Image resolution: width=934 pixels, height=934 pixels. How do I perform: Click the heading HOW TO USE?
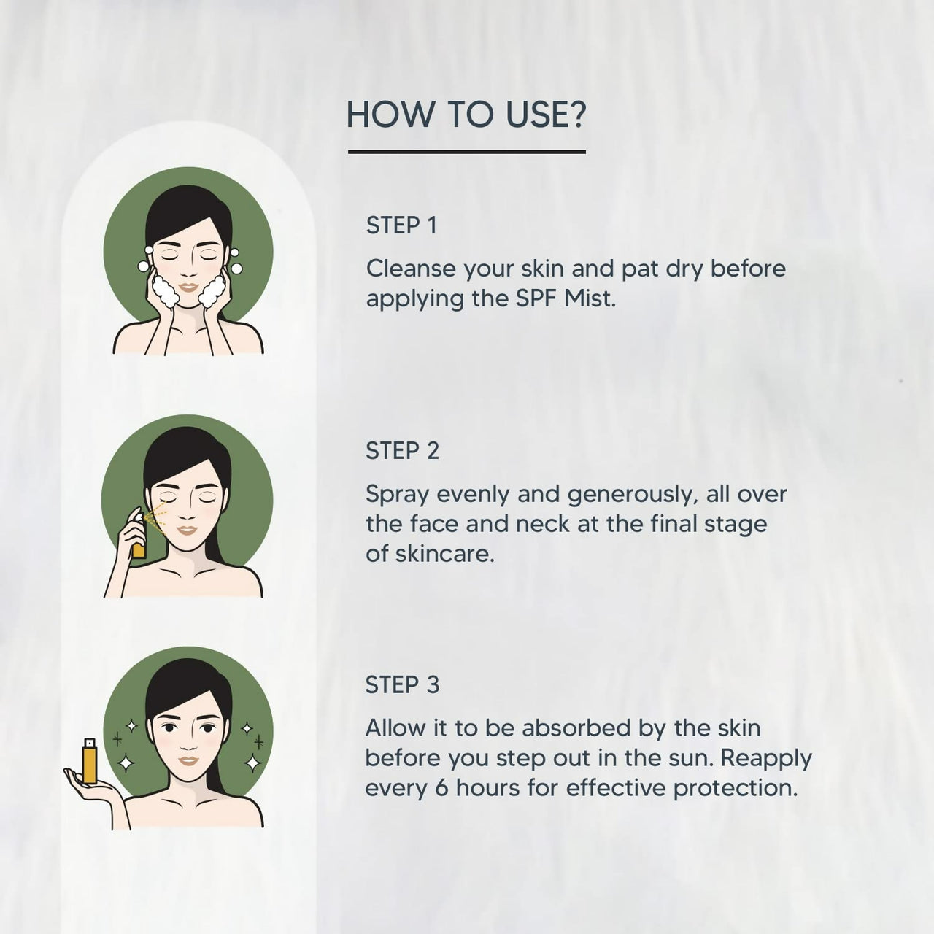pyautogui.click(x=466, y=115)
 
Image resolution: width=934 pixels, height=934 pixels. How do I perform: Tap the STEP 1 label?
pyautogui.click(x=401, y=225)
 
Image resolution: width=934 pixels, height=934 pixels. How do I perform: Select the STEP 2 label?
pyautogui.click(x=402, y=451)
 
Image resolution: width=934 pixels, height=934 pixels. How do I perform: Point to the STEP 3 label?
pyautogui.click(x=402, y=684)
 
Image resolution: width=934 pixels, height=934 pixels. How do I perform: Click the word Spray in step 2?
pyautogui.click(x=398, y=495)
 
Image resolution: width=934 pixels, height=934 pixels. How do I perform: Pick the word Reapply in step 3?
pyautogui.click(x=766, y=759)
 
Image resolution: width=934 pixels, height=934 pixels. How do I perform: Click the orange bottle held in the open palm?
pyautogui.click(x=89, y=762)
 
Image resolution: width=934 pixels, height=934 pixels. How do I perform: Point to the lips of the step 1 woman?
pyautogui.click(x=188, y=287)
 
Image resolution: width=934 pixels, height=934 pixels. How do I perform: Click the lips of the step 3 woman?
pyautogui.click(x=188, y=760)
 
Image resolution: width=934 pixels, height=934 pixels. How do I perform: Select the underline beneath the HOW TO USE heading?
pyautogui.click(x=466, y=152)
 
